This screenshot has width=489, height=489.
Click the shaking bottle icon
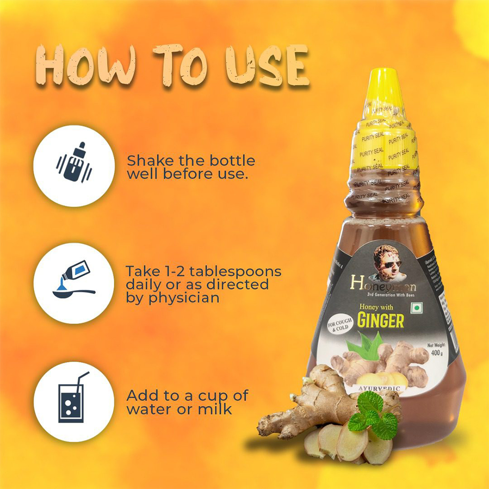click(x=74, y=166)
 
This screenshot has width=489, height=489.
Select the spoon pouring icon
click(x=73, y=283)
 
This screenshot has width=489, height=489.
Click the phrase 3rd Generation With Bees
click(x=391, y=294)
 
